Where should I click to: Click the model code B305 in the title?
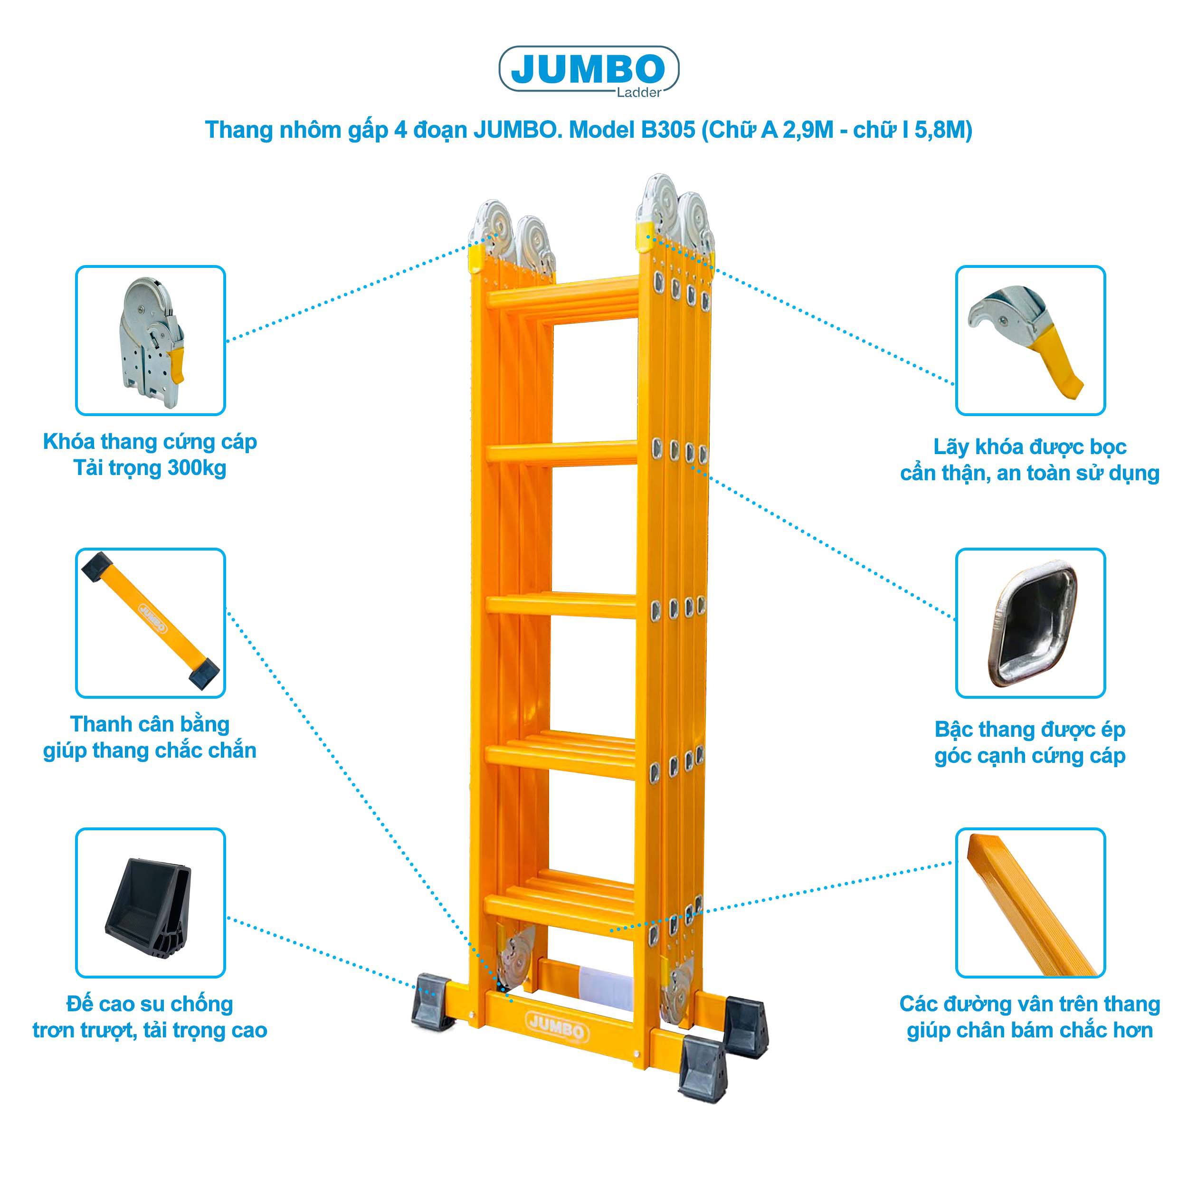[668, 130]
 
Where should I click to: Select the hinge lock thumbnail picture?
[151, 340]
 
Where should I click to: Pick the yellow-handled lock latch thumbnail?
[1030, 340]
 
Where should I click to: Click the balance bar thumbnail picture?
[151, 623]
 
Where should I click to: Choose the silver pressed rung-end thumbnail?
[1030, 623]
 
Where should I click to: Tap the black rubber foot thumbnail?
[151, 902]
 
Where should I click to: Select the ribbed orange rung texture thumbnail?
[1030, 902]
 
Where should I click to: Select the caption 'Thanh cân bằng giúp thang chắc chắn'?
[150, 737]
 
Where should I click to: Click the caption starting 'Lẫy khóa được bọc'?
[1030, 460]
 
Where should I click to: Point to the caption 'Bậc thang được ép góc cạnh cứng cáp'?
[1030, 742]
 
